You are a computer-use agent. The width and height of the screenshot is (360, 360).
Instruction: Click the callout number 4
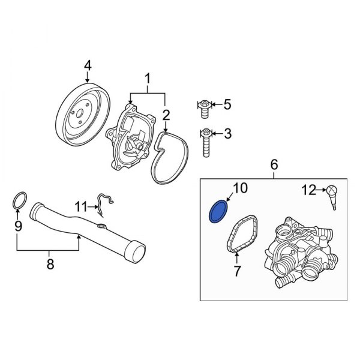click(88, 64)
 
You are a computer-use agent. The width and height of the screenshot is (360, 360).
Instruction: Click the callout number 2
click(166, 113)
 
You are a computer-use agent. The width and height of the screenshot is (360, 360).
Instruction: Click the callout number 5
click(227, 105)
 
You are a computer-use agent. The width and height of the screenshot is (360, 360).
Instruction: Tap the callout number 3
click(227, 133)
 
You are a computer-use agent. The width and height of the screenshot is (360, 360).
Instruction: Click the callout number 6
click(274, 164)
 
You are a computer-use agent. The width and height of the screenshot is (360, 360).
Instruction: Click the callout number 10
click(240, 189)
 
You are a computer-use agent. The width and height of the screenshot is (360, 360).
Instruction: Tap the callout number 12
click(309, 191)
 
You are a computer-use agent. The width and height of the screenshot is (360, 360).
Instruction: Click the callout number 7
click(236, 271)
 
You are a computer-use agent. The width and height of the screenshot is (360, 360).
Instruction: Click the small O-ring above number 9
click(19, 201)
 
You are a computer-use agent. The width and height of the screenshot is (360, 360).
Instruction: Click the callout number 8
click(50, 263)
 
